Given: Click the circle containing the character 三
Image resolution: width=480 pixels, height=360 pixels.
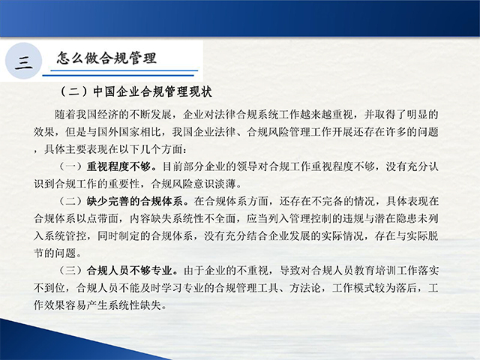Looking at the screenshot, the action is coord(23,61).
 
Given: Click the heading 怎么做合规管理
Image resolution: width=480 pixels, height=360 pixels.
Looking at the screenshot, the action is coord(106,58).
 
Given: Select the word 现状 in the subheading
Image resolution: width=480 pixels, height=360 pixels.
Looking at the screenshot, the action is coord(200,91).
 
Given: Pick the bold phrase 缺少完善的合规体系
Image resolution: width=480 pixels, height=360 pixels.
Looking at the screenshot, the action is coord(135,201).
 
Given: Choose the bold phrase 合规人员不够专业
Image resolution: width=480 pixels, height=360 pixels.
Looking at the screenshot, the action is coord(130,270).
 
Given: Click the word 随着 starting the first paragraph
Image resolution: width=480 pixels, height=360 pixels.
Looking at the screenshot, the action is coord(65,115).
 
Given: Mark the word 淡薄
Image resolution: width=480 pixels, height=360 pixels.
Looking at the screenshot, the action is coord(226,184).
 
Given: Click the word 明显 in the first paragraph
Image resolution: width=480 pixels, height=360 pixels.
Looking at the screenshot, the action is coord(417,115).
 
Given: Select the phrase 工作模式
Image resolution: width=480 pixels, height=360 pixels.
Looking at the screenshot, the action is coord(353,288).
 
